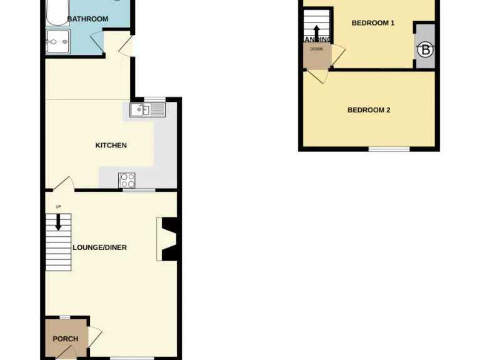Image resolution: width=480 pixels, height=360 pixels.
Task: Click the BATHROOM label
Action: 87,19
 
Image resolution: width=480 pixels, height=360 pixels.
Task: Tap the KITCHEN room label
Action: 111,146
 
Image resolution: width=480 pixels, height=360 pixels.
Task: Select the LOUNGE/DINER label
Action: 100,247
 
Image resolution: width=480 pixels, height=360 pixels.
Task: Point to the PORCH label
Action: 66,339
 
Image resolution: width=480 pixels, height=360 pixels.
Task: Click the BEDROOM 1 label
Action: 373,23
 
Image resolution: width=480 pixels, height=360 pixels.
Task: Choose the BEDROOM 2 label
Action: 369,110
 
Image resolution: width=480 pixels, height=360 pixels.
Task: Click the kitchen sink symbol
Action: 147,111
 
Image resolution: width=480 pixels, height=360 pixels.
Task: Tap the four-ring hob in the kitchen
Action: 127,180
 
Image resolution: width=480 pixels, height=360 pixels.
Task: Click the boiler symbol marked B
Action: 426,49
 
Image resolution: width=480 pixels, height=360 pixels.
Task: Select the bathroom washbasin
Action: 57,43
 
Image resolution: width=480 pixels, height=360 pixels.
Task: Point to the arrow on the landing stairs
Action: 317,32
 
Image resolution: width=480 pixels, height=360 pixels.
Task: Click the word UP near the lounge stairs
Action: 58,207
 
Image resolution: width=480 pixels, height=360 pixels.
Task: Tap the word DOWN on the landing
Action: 316,49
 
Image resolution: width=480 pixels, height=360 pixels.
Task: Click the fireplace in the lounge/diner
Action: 167,238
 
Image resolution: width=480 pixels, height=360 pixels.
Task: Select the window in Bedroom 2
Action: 389,149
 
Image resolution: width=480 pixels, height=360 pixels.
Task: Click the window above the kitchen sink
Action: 154,99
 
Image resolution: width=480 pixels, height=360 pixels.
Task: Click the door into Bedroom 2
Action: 319,76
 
